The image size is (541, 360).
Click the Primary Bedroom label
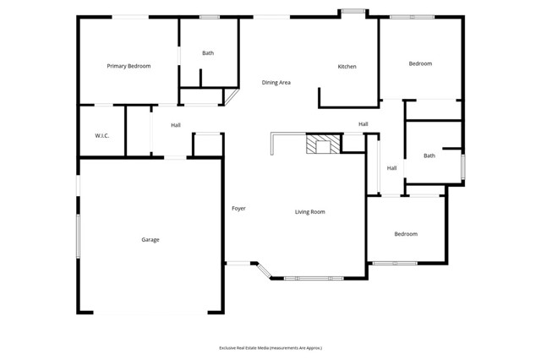pyautogui.click(x=128, y=66)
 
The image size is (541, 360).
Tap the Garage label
pyautogui.click(x=150, y=240)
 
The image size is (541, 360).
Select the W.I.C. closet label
pyautogui.click(x=102, y=136)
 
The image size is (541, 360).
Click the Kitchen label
pyautogui.click(x=347, y=67)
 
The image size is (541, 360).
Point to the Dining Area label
pyautogui.click(x=276, y=83)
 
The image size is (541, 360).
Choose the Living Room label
pyautogui.click(x=310, y=212)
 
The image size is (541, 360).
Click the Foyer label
pyautogui.click(x=239, y=208)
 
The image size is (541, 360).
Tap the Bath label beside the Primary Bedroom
pyautogui.click(x=208, y=53)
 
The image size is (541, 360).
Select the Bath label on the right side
pyautogui.click(x=429, y=155)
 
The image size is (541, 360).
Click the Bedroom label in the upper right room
pyautogui.click(x=420, y=64)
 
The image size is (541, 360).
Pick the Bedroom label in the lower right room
pyautogui.click(x=406, y=234)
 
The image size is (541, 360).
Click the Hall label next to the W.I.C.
pyautogui.click(x=176, y=126)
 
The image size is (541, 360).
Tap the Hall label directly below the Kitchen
pyautogui.click(x=363, y=124)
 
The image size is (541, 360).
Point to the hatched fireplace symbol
pyautogui.click(x=320, y=145)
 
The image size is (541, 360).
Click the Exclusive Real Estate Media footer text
pyautogui.click(x=270, y=347)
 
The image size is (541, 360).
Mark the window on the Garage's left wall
pyautogui.click(x=78, y=235)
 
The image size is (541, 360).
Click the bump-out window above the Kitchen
pyautogui.click(x=352, y=11)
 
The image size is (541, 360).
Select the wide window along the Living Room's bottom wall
pyautogui.click(x=314, y=278)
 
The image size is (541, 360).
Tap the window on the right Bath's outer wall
pyautogui.click(x=462, y=166)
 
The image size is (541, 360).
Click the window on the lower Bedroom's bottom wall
pyautogui.click(x=395, y=263)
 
